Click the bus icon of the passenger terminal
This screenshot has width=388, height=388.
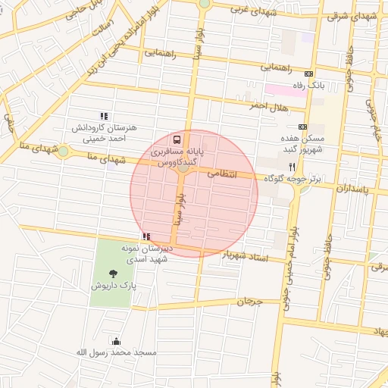[177, 140]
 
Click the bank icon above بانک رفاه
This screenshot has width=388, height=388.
[308, 74]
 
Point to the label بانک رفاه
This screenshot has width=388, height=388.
[309, 86]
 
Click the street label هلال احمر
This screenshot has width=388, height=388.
[270, 108]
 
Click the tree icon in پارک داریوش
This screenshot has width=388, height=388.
[114, 273]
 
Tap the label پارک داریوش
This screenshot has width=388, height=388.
[114, 286]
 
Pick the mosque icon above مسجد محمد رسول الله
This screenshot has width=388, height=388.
[116, 340]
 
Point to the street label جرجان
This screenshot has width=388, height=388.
[249, 301]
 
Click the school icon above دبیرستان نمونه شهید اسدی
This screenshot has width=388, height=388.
[145, 237]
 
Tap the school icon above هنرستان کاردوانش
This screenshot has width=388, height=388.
[104, 116]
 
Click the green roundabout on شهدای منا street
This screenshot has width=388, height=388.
[64, 152]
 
